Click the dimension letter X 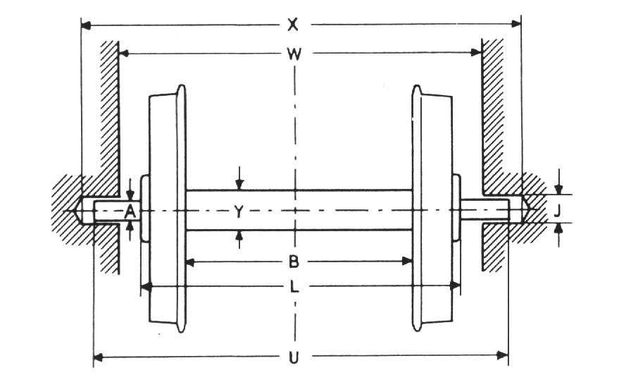294,25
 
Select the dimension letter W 294,54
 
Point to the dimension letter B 294,262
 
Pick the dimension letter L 294,286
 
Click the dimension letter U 294,357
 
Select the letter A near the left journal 130,210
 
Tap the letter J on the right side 556,209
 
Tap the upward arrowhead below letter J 558,228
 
